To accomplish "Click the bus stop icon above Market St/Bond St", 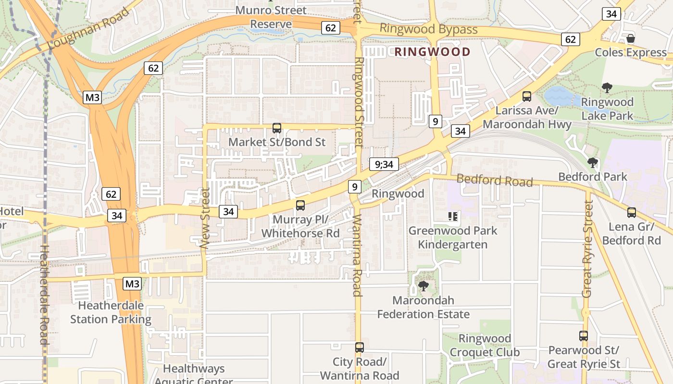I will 277,128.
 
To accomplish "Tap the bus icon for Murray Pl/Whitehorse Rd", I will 300,205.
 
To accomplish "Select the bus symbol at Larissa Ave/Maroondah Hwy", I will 527,96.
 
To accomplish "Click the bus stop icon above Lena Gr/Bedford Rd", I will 632,213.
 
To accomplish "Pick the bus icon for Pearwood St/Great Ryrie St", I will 584,336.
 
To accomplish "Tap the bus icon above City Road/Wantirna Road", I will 360,348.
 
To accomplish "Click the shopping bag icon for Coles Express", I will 631,38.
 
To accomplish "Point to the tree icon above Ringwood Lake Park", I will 607,88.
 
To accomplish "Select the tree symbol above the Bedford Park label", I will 593,163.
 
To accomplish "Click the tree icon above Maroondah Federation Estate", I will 424,286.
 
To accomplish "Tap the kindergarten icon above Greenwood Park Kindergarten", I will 452,216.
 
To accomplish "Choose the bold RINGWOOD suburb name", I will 432,52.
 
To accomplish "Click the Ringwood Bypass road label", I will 428,29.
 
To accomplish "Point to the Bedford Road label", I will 494,180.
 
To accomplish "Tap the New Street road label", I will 205,218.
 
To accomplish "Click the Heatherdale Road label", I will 44,295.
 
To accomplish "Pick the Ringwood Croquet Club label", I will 485,345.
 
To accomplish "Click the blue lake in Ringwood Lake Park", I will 559,96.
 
